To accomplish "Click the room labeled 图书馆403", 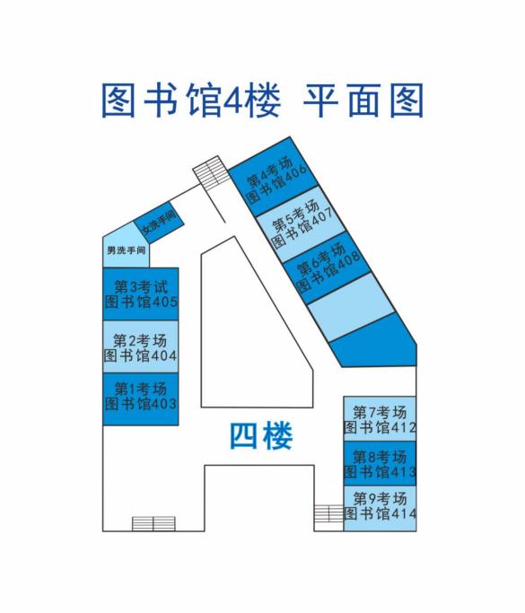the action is point(141,398).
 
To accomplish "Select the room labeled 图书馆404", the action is point(141,346).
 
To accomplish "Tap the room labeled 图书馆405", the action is point(141,294).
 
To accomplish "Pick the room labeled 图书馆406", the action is point(273,177).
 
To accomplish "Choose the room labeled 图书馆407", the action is point(301,224).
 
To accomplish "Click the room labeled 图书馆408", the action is point(327,267).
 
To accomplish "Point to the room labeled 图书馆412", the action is point(380,419).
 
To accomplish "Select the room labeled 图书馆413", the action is point(380,464).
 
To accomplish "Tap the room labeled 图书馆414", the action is point(380,508).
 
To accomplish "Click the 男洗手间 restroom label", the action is point(127,250).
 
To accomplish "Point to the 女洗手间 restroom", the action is point(159,222).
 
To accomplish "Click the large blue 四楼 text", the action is point(261,436).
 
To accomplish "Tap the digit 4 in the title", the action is point(233,101).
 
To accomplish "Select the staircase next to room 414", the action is point(328,518).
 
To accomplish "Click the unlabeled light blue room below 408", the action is point(351,307).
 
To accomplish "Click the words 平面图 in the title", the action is point(363,101).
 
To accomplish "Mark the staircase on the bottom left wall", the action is point(153,524).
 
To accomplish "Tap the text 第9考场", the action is point(380,499).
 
